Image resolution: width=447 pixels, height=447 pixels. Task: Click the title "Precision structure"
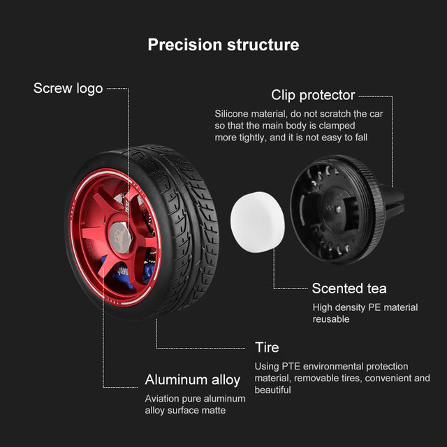click(223, 45)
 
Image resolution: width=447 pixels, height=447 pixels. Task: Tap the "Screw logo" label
click(68, 89)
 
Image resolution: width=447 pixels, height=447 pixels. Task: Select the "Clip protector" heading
click(313, 95)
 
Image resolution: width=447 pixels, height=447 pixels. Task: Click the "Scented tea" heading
click(349, 288)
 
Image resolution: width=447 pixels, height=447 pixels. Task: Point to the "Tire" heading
click(267, 347)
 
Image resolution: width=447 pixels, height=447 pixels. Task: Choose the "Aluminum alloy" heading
click(192, 380)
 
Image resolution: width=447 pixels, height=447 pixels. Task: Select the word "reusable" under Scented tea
click(330, 319)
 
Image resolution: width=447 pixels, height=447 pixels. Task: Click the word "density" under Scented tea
click(352, 307)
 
